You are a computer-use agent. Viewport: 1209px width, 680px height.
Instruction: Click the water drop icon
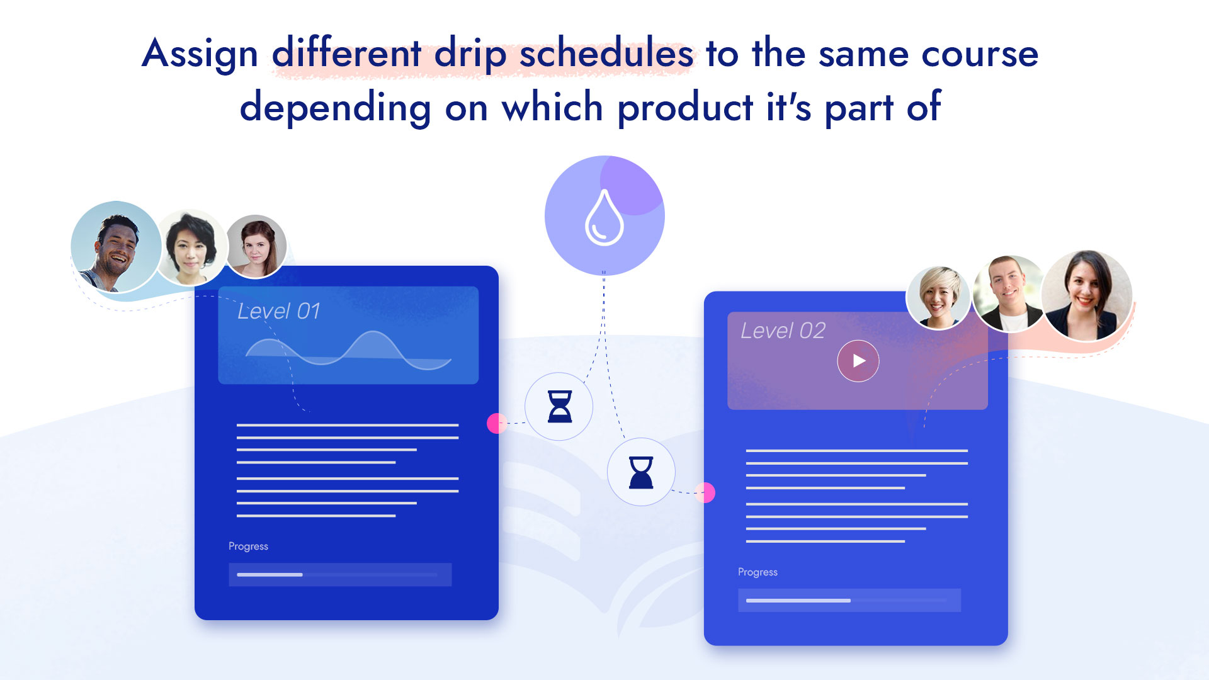click(604, 217)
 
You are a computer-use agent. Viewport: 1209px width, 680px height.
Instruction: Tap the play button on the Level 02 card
click(858, 361)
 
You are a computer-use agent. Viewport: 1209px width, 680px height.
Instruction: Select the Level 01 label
click(279, 311)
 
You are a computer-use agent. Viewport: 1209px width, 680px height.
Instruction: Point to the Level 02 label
click(783, 331)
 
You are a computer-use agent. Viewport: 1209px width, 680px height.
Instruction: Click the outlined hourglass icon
click(560, 406)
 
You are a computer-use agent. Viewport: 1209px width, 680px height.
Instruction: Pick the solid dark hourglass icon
click(641, 472)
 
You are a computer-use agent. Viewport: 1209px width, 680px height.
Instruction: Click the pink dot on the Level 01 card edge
click(497, 423)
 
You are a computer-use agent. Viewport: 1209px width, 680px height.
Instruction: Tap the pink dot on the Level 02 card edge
click(705, 492)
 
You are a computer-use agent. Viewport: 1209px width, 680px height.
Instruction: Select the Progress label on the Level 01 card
click(248, 547)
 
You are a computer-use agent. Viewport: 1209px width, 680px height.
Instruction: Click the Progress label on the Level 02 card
click(758, 572)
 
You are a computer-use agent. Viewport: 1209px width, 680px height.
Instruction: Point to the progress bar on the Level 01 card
click(340, 575)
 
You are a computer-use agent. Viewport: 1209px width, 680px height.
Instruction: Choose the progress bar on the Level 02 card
click(849, 601)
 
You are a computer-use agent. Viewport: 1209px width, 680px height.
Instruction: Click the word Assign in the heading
click(200, 54)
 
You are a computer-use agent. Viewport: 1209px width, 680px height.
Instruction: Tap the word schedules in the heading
click(606, 53)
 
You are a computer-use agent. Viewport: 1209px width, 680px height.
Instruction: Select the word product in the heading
click(685, 108)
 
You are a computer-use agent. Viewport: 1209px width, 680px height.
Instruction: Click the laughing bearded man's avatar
click(116, 247)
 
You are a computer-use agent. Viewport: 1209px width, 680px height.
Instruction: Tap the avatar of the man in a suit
click(1009, 293)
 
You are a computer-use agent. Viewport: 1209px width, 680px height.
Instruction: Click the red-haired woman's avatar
click(256, 246)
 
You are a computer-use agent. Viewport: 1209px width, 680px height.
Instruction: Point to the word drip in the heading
click(470, 54)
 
